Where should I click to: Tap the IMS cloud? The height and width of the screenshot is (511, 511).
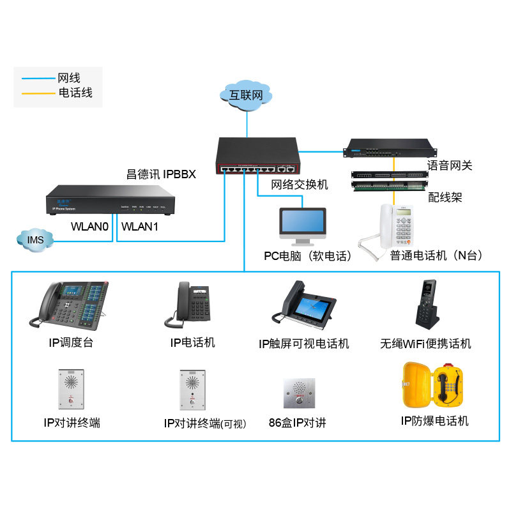35,240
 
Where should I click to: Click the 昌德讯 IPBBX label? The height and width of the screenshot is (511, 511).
161,174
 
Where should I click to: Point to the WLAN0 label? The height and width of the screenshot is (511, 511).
90,227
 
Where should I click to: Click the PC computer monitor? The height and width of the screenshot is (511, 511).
302,225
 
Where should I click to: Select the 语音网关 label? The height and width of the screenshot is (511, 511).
450,166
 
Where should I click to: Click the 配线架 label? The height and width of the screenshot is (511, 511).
445,198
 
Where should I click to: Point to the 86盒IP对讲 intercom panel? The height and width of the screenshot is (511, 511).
298,393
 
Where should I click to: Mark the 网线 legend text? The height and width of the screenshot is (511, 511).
68,78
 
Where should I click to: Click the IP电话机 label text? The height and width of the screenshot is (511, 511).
192,343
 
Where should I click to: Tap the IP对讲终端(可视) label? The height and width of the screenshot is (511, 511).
205,423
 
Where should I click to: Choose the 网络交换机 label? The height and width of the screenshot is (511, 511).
299,185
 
